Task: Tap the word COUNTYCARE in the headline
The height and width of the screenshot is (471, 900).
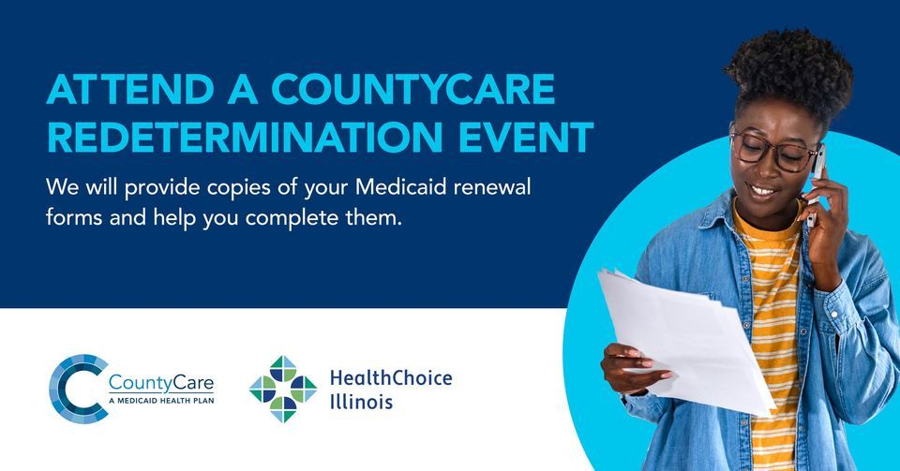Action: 413,89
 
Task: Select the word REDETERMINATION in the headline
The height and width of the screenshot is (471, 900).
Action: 245,137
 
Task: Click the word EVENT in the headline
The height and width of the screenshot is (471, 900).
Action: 526,137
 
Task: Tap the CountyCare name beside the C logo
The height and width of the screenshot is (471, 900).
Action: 160,382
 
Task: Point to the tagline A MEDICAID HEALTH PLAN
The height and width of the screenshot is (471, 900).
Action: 161,401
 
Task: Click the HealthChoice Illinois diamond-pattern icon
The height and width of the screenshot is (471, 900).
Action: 283,389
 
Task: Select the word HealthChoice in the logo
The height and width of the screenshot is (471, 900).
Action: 391,377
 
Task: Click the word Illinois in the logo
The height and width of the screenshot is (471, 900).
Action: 361,402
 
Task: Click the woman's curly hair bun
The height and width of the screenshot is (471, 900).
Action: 788,71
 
